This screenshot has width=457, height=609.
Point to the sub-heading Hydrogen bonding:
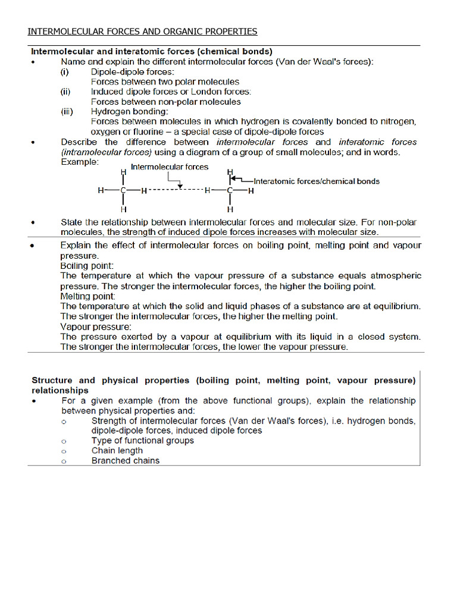(x=129, y=111)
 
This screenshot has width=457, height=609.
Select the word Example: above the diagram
(x=80, y=162)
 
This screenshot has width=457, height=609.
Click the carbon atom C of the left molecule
(x=123, y=191)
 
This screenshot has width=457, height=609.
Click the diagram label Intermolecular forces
(x=170, y=167)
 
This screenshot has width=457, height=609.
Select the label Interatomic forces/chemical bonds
(x=316, y=181)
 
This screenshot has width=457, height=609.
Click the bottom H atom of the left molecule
(x=123, y=209)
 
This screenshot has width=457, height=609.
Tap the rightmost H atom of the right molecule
(x=251, y=191)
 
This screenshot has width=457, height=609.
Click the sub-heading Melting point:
(x=88, y=296)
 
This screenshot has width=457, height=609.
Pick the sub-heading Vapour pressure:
(x=96, y=327)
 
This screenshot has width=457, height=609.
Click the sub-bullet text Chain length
(x=117, y=451)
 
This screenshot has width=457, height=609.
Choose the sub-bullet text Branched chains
(x=125, y=461)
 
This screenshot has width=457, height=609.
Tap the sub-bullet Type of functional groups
(x=142, y=441)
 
